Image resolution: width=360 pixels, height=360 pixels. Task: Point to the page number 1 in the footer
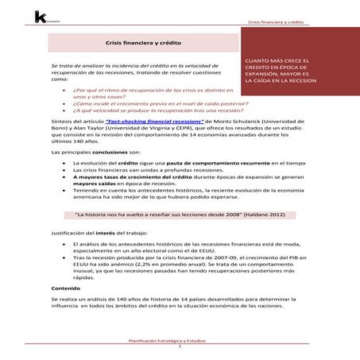180,347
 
